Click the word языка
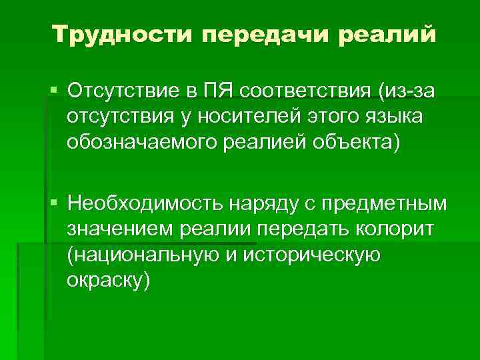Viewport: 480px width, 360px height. pos(396,117)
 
